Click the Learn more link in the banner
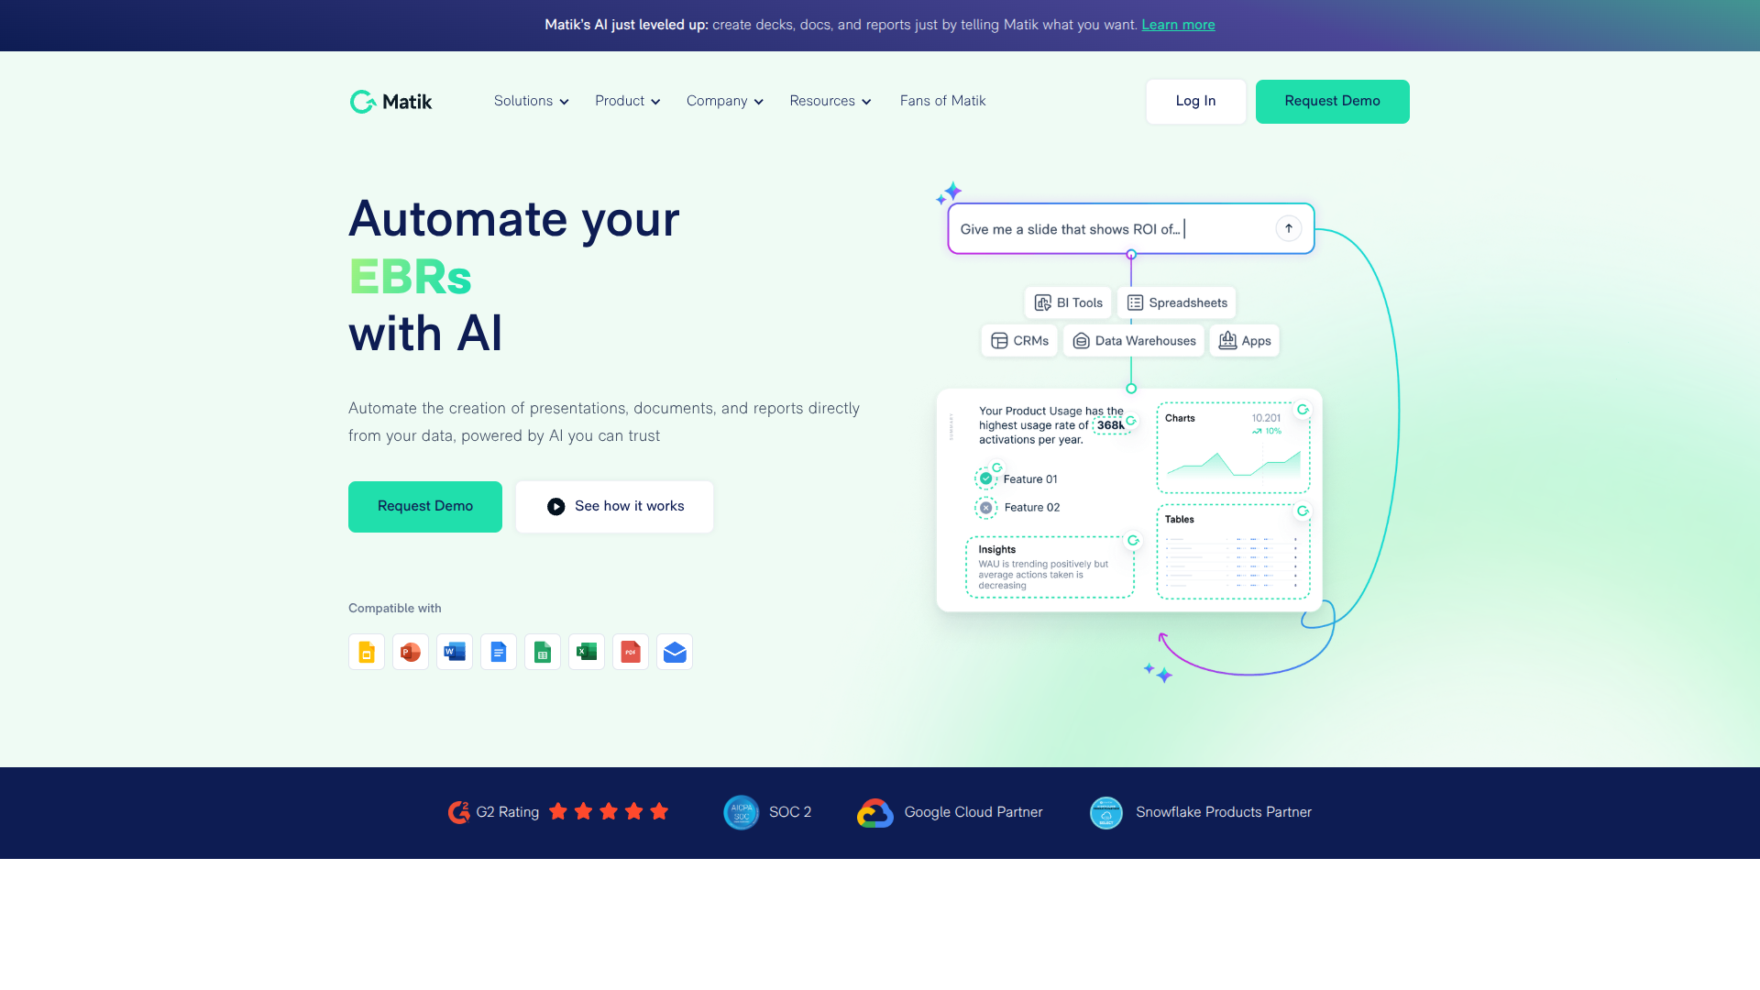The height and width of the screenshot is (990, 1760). [1178, 25]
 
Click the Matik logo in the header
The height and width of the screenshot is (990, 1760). [390, 102]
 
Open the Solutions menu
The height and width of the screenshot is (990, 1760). [531, 101]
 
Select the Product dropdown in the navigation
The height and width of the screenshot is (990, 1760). [627, 101]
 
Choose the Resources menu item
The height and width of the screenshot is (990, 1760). [830, 101]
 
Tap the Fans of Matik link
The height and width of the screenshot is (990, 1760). [942, 101]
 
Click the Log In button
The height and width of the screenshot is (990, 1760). [1195, 101]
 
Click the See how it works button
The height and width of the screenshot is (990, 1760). [614, 506]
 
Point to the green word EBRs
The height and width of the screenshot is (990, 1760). [410, 277]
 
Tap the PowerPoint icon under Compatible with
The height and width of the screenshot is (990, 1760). [411, 652]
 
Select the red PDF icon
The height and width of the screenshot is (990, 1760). [631, 652]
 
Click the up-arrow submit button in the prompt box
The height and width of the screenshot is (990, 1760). [1288, 228]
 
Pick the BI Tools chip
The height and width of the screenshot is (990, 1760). [1068, 302]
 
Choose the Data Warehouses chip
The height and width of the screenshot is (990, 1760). [1134, 341]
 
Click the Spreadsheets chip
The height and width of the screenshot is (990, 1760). [1177, 302]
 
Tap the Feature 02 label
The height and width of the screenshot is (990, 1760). [1031, 508]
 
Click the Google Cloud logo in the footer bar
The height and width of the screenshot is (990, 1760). [875, 812]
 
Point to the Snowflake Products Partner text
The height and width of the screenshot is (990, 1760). [1223, 812]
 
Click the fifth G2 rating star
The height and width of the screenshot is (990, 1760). [659, 811]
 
